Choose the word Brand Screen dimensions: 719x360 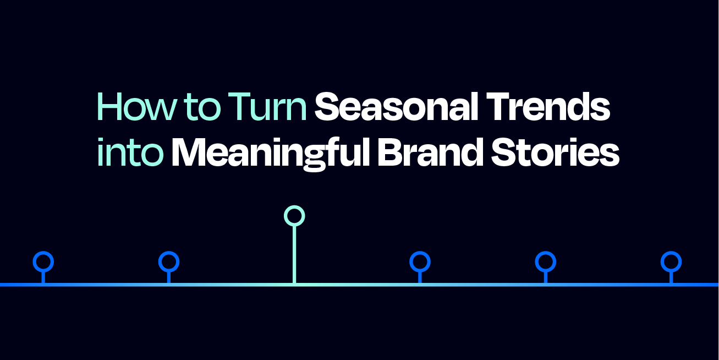[x=430, y=151]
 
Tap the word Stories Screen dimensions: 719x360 [x=555, y=151]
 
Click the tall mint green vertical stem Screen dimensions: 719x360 [x=294, y=254]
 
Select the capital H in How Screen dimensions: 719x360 [x=108, y=107]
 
